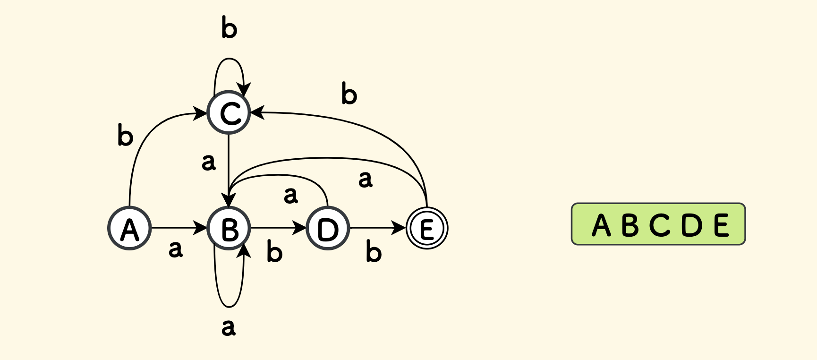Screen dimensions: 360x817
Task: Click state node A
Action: pos(130,228)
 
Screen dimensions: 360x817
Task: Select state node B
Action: pos(229,228)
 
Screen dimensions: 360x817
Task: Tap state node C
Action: pos(229,112)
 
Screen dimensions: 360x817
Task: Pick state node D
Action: pos(328,228)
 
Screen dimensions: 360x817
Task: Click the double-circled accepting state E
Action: pos(427,228)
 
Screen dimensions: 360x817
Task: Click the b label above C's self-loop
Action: pos(229,28)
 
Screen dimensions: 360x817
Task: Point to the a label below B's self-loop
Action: pos(229,327)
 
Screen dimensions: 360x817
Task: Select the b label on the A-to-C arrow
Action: pos(125,136)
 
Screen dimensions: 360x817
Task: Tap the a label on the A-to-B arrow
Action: pos(175,249)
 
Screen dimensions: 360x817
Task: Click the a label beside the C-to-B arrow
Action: pos(208,162)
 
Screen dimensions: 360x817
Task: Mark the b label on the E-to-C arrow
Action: pos(349,94)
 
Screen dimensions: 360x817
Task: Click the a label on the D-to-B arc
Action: pos(291,195)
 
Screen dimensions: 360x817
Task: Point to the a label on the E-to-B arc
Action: pos(365,179)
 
